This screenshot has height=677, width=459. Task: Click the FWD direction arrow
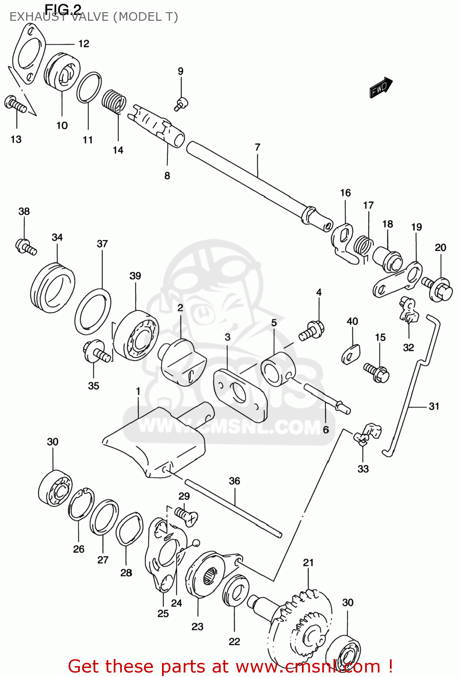(380, 87)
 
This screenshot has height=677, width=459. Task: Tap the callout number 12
(83, 44)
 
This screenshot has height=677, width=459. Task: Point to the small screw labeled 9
(181, 104)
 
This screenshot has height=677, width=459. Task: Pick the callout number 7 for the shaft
(257, 147)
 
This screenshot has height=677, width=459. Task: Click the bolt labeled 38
(26, 246)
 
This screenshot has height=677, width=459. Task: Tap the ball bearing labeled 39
(136, 334)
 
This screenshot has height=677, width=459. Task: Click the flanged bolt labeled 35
(95, 351)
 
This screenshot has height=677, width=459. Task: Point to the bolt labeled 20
(438, 287)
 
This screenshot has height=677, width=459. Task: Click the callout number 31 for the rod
(434, 406)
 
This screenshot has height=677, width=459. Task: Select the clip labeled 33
(367, 434)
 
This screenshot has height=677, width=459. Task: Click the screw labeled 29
(185, 515)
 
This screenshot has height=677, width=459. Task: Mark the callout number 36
(234, 481)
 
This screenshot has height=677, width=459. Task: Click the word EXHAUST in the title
(35, 17)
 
